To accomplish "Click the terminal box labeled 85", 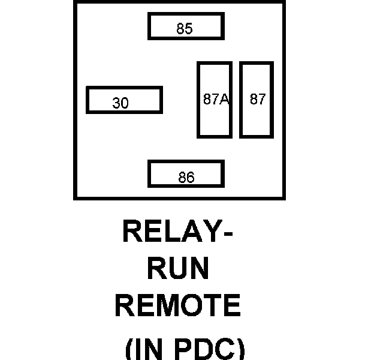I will point(186,26).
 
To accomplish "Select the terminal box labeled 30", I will point(124,100).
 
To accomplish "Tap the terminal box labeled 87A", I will point(215,100).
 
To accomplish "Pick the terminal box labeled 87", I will point(257,100).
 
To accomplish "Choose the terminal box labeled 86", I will point(186,174).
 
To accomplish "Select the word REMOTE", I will point(178,305).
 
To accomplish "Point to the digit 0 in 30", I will point(125,104).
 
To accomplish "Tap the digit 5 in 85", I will point(189,29).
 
